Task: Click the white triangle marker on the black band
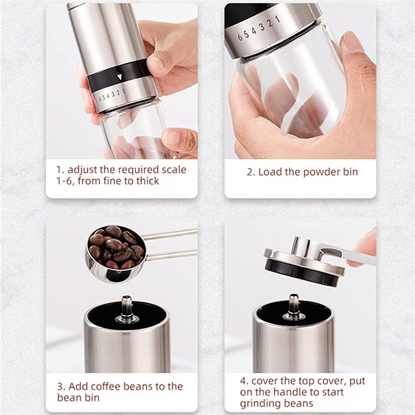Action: (120, 77)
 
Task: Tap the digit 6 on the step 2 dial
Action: (240, 37)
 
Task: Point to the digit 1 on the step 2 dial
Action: (278, 19)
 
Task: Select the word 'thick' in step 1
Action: (148, 181)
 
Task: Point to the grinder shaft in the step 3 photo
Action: (127, 309)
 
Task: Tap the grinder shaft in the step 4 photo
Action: (294, 307)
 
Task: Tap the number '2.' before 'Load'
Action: (251, 172)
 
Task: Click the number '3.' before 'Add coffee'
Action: (61, 386)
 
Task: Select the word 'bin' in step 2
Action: (351, 172)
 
